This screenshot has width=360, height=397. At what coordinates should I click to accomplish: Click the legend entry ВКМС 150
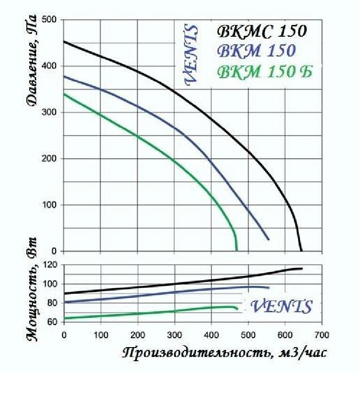261,32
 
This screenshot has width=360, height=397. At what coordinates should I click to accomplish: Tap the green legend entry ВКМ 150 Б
264,73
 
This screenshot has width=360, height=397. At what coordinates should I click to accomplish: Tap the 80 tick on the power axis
50,303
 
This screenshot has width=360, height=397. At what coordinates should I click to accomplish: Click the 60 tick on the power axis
50,322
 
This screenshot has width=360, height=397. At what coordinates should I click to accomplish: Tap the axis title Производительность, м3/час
224,354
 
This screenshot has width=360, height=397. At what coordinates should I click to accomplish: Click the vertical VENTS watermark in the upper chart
191,56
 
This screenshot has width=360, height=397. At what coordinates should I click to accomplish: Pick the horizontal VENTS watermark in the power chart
281,307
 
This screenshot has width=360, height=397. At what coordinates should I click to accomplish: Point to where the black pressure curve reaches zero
301,250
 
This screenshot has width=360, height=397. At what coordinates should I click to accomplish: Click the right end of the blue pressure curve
269,240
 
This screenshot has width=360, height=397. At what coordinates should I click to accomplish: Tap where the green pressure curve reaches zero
236,250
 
